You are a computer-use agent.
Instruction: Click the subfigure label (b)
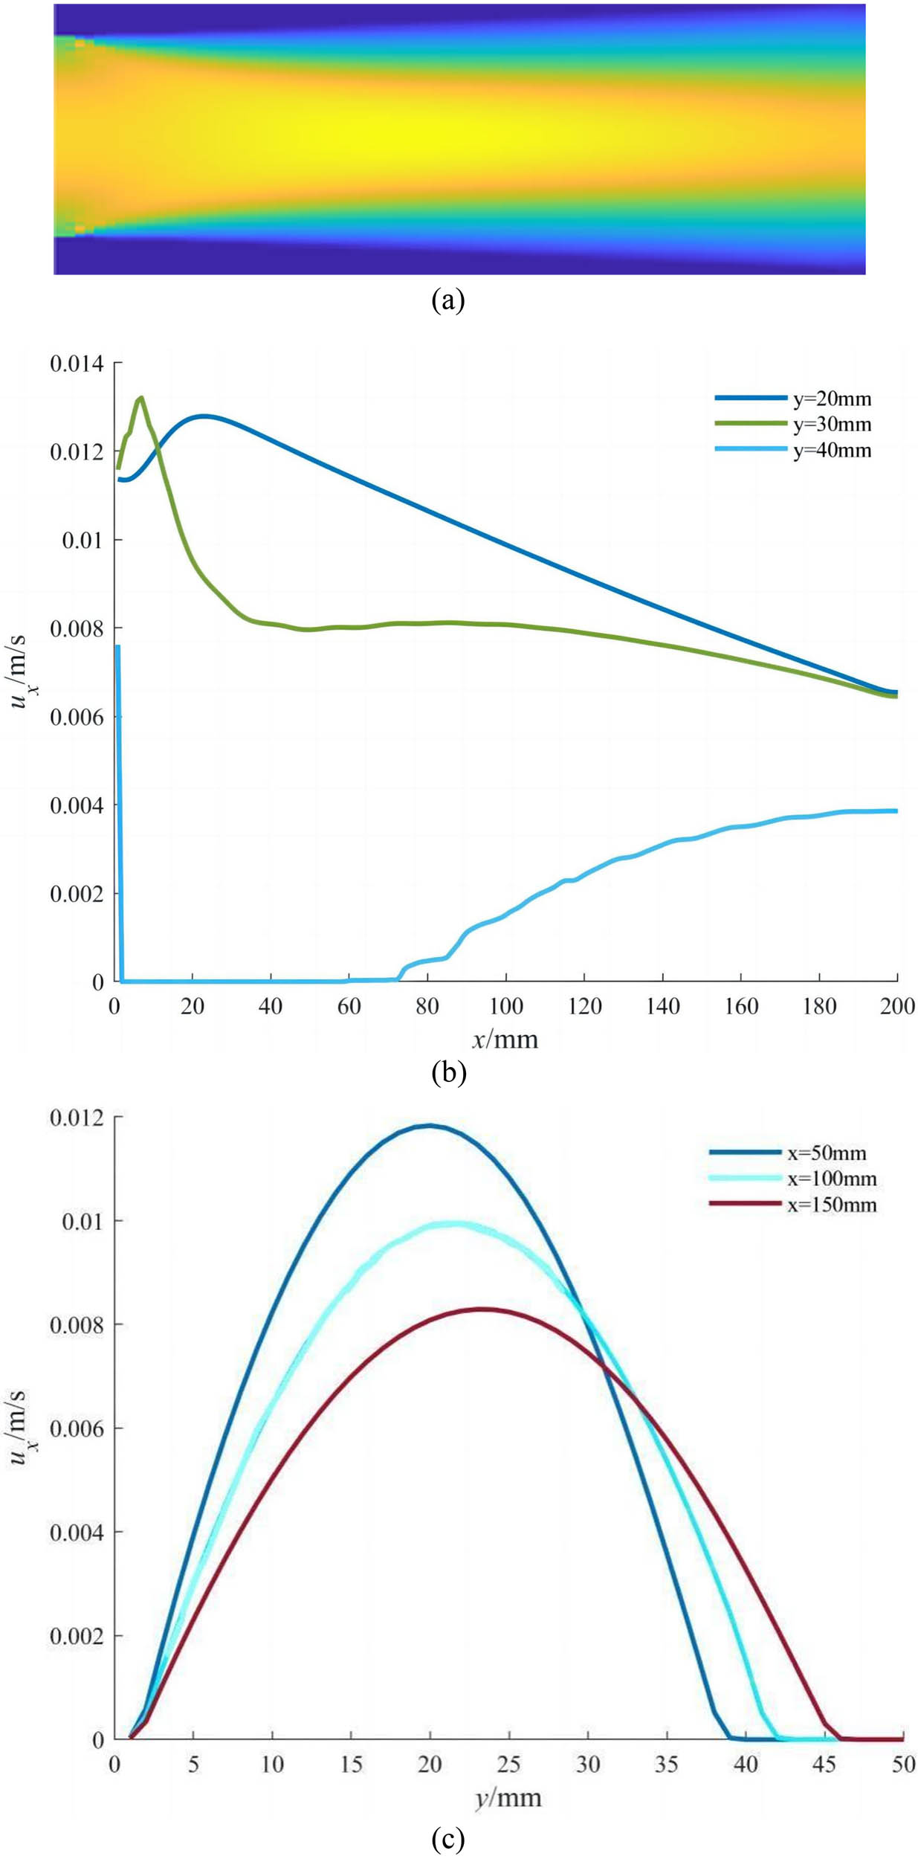pyautogui.click(x=448, y=1072)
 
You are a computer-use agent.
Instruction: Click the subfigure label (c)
pyautogui.click(x=447, y=1838)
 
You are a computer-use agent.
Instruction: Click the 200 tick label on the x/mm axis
pyautogui.click(x=897, y=1007)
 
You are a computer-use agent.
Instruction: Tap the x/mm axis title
pyautogui.click(x=505, y=1039)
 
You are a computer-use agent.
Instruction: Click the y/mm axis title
pyautogui.click(x=508, y=1798)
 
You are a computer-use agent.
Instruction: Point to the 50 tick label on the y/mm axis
pyautogui.click(x=903, y=1765)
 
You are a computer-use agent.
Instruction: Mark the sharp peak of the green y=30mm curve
pyautogui.click(x=141, y=397)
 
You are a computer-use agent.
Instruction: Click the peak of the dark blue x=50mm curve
pyautogui.click(x=430, y=1126)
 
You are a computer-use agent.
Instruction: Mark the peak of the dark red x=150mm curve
pyautogui.click(x=482, y=1309)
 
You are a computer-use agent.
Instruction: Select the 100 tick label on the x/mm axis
pyautogui.click(x=505, y=1007)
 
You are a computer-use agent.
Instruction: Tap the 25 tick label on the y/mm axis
pyautogui.click(x=508, y=1765)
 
